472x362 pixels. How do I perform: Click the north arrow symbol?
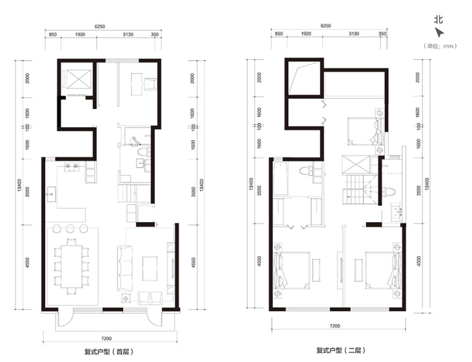(x=439, y=33)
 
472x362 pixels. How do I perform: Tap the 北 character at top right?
(x=438, y=20)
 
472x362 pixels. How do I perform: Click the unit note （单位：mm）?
(x=440, y=46)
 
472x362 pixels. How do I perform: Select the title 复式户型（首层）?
(x=108, y=351)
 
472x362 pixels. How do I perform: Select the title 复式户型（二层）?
(x=341, y=351)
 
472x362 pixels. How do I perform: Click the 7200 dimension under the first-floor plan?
(x=107, y=338)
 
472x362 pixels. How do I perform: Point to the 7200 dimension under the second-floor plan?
(x=335, y=326)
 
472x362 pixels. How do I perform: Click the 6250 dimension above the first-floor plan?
(x=100, y=27)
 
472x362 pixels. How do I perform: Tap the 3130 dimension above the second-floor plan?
(x=354, y=34)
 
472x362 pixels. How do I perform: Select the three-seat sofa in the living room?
(x=124, y=268)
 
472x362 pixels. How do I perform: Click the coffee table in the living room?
(x=150, y=269)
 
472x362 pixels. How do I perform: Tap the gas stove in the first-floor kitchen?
(x=71, y=167)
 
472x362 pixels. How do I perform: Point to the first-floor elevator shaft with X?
(x=78, y=79)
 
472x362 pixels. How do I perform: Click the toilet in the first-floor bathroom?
(x=142, y=151)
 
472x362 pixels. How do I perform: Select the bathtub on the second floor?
(x=281, y=179)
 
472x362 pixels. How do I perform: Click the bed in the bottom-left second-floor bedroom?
(x=291, y=270)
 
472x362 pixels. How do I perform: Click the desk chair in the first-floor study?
(x=150, y=84)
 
